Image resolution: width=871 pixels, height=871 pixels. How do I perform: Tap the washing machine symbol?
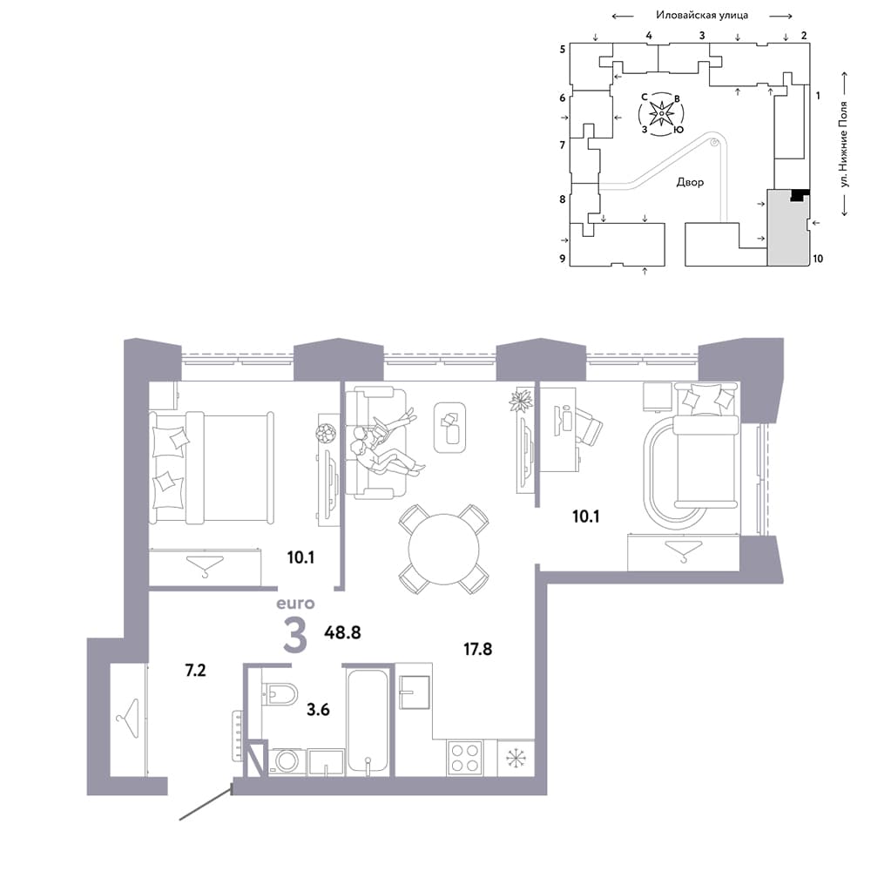pos(287,761)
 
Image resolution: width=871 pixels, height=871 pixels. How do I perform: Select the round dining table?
pos(443,550)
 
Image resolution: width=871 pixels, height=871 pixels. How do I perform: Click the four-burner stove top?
pos(465,758)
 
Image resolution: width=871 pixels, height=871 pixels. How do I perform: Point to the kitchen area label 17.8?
pos(477,649)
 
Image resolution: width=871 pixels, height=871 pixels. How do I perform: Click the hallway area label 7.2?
pos(195,671)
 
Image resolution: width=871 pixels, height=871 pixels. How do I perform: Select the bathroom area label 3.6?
pos(318,709)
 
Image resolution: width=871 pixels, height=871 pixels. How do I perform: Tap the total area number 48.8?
pos(342,632)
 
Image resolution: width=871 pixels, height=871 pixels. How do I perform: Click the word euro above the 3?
pos(295,604)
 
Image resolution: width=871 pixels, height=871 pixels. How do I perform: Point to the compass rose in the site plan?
pos(662,114)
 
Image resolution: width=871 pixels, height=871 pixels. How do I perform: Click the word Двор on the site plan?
pos(690,182)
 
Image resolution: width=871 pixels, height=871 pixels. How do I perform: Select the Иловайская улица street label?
pos(702,15)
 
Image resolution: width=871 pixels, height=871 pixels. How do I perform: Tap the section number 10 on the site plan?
pos(818,259)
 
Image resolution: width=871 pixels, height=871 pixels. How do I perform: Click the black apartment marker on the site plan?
pos(800,194)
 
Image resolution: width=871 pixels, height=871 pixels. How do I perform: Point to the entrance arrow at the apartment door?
pos(205,802)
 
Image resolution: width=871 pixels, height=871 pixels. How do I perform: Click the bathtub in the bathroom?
pos(368,720)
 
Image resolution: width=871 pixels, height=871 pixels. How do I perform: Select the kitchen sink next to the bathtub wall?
pos(415,692)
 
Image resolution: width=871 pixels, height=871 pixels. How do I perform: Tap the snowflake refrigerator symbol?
pos(516,758)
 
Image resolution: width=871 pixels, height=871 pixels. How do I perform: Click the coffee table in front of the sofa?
pos(449,427)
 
